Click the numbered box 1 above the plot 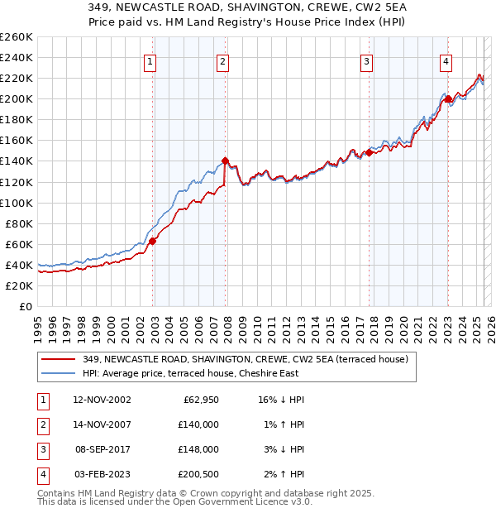[x=150, y=60]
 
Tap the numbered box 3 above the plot [x=366, y=60]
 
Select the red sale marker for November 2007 [x=226, y=161]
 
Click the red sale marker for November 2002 [x=153, y=241]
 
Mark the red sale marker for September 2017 [x=370, y=152]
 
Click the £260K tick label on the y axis [x=17, y=37]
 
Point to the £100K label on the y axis [x=17, y=203]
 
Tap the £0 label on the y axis [x=25, y=307]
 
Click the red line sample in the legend [x=59, y=359]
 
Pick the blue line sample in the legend [x=59, y=373]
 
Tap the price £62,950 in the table [x=199, y=400]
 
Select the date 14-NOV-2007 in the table [x=102, y=424]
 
